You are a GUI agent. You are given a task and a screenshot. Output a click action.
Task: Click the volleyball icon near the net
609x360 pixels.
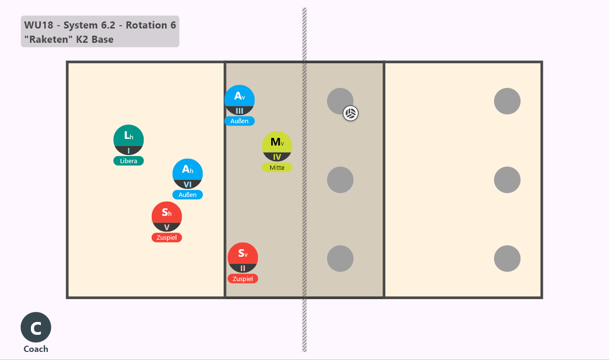(351, 113)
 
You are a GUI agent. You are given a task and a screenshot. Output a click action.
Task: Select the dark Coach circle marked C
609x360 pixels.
(36, 327)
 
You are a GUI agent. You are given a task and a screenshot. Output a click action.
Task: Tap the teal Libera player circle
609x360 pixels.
(128, 140)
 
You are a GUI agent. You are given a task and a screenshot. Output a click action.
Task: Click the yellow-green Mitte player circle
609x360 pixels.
(277, 146)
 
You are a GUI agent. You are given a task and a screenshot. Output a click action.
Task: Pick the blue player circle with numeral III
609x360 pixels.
(239, 100)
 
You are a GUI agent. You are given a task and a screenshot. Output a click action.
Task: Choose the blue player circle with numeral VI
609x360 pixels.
(187, 174)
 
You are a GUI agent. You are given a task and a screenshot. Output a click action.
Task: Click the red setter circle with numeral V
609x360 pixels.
(167, 216)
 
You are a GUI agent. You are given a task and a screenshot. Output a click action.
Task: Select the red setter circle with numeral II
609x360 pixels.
(243, 258)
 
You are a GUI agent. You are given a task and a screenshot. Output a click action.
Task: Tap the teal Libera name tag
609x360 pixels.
(128, 161)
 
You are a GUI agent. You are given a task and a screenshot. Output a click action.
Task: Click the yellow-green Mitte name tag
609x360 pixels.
(277, 167)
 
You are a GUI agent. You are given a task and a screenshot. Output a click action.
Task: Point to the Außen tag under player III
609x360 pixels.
(239, 121)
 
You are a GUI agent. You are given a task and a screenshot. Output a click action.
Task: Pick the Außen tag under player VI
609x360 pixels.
(187, 195)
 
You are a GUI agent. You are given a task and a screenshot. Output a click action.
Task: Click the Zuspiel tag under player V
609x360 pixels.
(167, 237)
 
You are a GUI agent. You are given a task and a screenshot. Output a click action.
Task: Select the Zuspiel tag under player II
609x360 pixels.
(243, 279)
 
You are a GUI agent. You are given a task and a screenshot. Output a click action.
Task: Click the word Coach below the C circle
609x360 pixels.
(36, 349)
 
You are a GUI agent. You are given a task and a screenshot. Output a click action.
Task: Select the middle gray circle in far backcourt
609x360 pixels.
(507, 180)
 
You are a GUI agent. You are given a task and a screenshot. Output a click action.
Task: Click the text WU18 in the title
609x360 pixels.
(39, 25)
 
